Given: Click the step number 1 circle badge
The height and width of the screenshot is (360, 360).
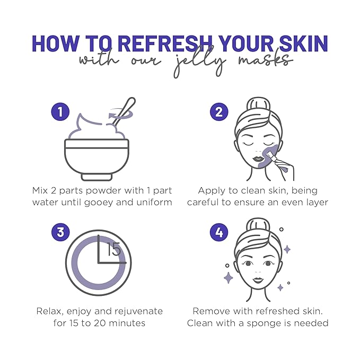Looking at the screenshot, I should [60, 112].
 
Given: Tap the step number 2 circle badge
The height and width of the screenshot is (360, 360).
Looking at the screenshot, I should [218, 112].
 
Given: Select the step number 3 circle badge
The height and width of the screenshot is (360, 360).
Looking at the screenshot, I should [60, 232].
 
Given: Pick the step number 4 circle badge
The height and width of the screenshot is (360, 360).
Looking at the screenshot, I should [218, 232].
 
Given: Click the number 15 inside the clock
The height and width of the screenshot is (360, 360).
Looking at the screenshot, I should [114, 249].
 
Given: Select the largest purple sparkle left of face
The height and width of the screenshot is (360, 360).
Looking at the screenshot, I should [229, 277].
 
